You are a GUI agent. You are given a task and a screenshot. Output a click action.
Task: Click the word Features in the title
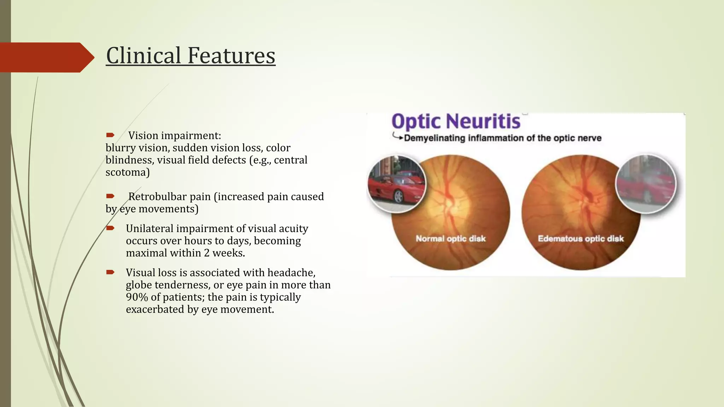pyautogui.click(x=231, y=56)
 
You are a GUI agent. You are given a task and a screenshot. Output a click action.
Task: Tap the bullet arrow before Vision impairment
pyautogui.click(x=110, y=135)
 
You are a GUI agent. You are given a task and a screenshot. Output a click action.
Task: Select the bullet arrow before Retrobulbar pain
pyautogui.click(x=110, y=196)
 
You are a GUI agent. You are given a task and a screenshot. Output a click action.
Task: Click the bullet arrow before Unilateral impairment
pyautogui.click(x=110, y=228)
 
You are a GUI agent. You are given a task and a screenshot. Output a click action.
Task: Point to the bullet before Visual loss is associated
pyautogui.click(x=110, y=272)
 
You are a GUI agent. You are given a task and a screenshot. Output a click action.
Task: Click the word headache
pyautogui.click(x=291, y=273)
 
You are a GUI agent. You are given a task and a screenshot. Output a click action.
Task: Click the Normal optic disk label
pyautogui.click(x=450, y=238)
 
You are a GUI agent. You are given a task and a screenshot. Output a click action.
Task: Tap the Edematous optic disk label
pyautogui.click(x=580, y=238)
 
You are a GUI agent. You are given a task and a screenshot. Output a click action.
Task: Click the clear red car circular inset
pyautogui.click(x=397, y=184)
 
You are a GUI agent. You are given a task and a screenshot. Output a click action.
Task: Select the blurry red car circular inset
pyautogui.click(x=646, y=184)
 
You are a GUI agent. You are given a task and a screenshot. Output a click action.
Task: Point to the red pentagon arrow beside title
pyautogui.click(x=46, y=57)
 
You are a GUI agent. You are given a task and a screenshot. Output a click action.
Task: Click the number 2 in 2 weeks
pyautogui.click(x=206, y=253)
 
